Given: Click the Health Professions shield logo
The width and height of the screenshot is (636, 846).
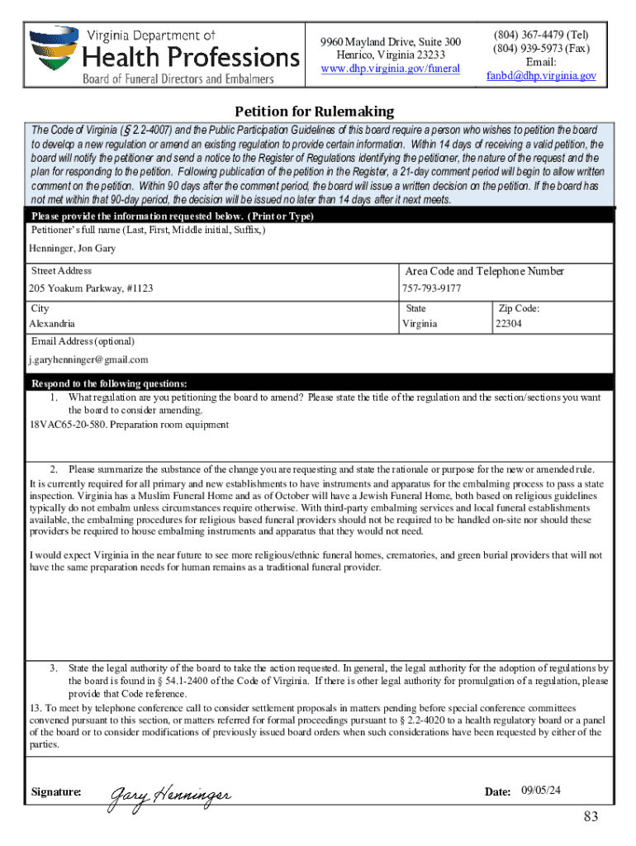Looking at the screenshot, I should pos(51,50).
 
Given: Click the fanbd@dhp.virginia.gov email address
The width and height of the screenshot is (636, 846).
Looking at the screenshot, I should pos(541,75).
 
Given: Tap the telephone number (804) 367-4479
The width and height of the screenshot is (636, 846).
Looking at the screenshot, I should pos(541,36).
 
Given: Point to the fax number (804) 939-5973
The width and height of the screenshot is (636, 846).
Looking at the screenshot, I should pos(541,49).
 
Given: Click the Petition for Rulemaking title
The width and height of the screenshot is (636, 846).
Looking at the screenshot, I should pos(315,112).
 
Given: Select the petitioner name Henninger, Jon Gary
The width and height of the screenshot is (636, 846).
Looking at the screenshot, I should pos(73,249).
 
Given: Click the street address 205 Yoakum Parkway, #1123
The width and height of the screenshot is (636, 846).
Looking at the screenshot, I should pos(91,288).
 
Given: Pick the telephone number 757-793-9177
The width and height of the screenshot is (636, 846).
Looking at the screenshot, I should pos(431,288).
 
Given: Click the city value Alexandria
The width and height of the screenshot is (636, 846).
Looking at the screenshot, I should pos(52,324).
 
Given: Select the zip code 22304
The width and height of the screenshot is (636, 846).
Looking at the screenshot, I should pos(508,324).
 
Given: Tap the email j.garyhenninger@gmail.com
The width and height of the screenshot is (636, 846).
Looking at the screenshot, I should pos(88,359).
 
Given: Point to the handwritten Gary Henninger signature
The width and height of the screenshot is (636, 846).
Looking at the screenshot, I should pos(170,794).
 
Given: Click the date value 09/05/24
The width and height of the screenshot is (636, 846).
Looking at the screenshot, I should pos(541,791).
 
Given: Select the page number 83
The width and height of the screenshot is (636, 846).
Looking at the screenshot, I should pos(590,817).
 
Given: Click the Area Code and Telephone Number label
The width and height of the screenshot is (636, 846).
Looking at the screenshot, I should pos(484,271).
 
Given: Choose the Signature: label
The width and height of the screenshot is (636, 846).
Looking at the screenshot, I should pos(56,792).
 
